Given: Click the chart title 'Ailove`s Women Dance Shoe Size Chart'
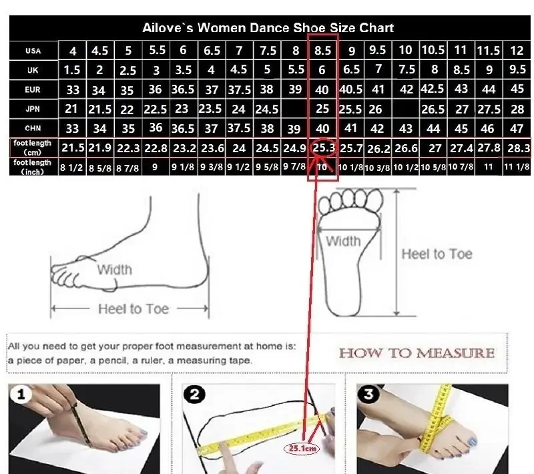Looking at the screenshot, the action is click(268, 27).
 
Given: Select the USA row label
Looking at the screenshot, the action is click(33, 51).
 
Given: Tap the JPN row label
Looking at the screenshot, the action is click(33, 109).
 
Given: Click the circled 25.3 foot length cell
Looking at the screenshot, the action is click(324, 148).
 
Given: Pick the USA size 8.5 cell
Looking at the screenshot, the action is click(322, 50).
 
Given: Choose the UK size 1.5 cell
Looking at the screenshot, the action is click(72, 70).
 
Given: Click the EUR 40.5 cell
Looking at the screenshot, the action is click(351, 89).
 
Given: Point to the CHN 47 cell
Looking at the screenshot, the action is click(517, 128).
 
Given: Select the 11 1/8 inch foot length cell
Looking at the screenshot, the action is click(517, 166).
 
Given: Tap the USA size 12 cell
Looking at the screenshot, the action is click(517, 50).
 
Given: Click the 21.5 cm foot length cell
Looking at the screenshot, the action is click(73, 148).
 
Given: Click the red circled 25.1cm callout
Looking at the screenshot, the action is click(302, 449).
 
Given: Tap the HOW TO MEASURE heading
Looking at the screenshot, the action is click(417, 353).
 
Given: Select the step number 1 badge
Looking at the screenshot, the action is click(21, 395).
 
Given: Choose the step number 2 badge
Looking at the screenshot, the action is click(194, 395).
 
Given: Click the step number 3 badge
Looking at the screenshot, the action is click(368, 395).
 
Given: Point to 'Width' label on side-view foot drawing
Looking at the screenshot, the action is click(115, 270).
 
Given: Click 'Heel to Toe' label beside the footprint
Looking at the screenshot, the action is click(437, 254).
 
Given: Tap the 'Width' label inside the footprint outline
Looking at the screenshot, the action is click(343, 241).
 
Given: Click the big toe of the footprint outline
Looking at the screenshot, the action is click(374, 198).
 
